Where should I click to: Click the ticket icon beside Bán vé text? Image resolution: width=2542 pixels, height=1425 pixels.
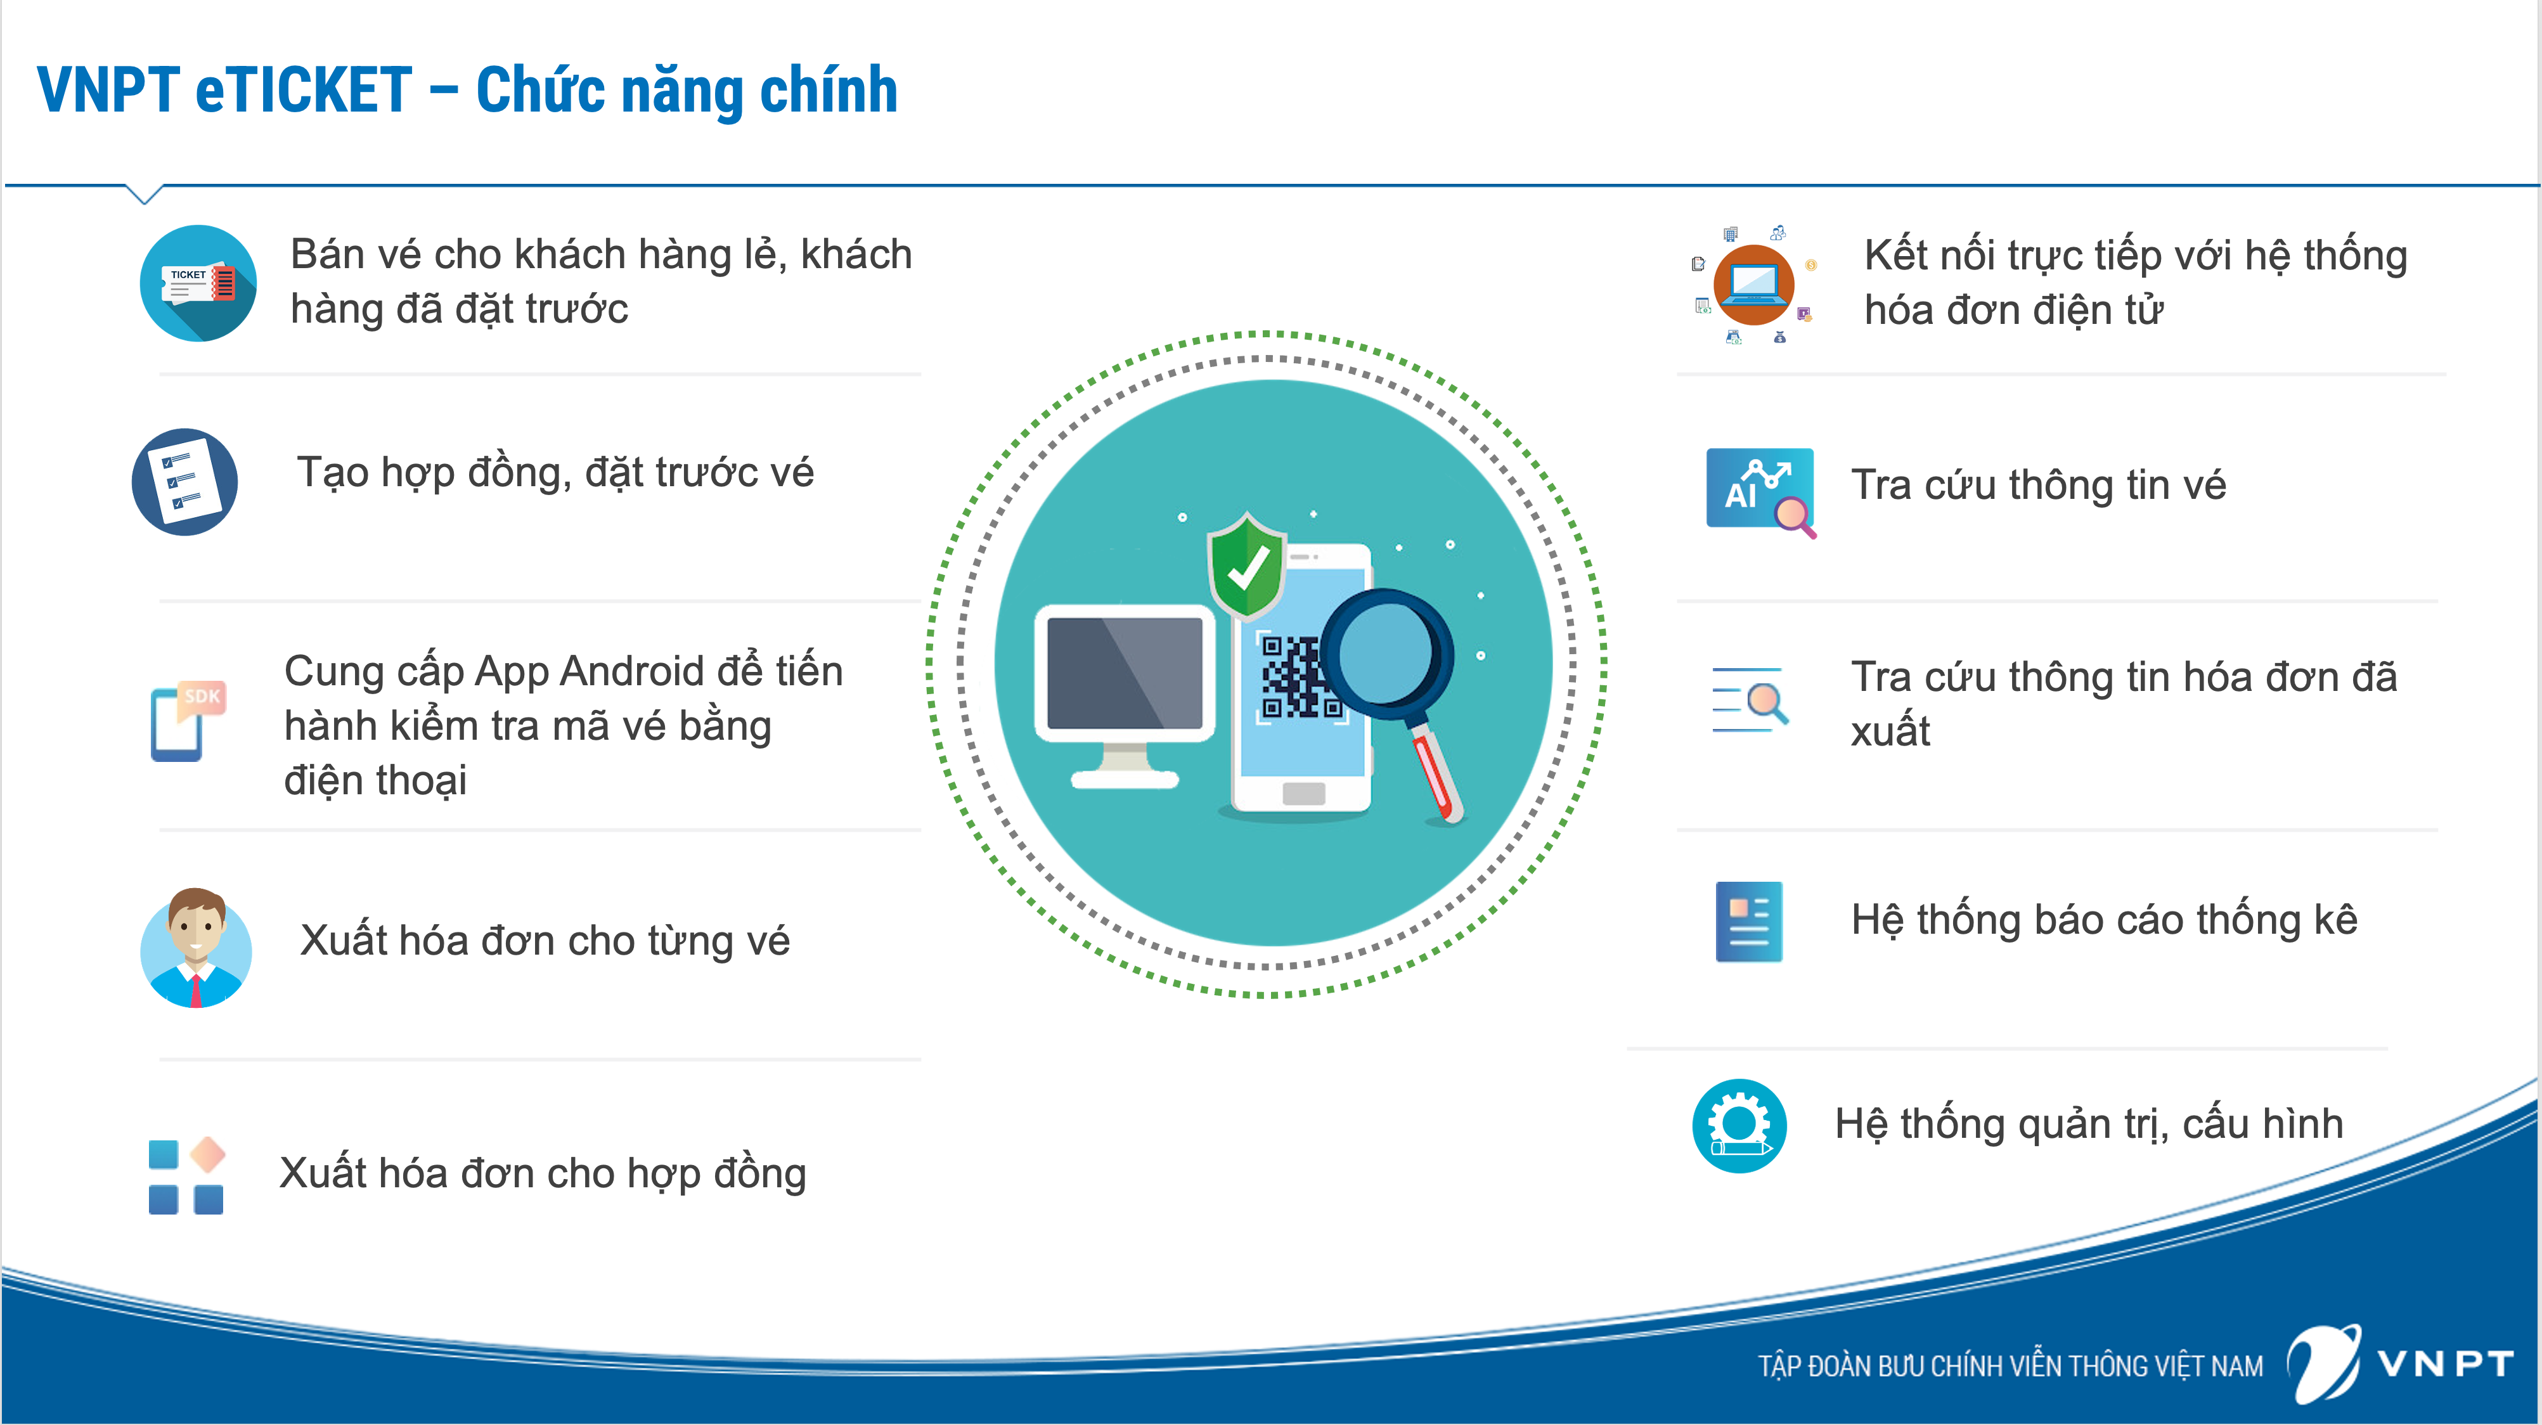198,283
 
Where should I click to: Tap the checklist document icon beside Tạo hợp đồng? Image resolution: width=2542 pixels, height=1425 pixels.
184,482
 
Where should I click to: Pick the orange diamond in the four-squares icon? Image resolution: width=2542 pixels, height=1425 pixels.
207,1154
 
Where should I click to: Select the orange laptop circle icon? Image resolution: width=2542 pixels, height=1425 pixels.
1753,284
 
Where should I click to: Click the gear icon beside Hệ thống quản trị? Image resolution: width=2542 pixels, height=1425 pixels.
1739,1125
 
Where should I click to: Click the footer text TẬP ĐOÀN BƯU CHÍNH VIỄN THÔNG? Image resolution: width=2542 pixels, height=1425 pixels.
2009,1366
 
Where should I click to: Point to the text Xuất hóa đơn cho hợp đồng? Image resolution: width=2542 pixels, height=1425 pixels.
543,1173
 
